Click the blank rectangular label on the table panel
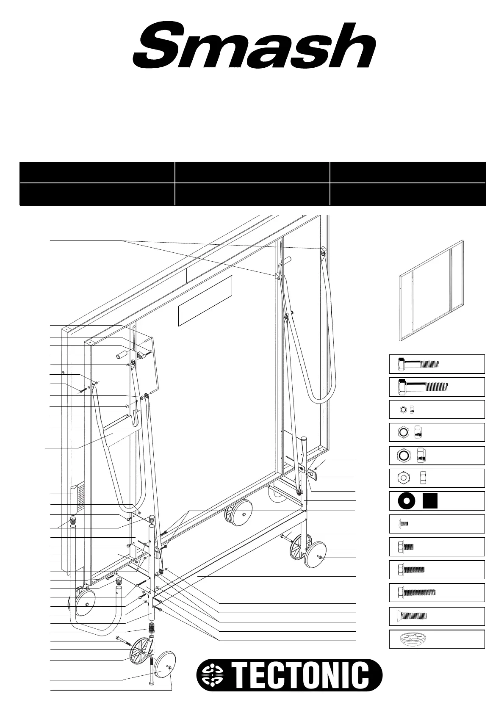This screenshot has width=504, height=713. click(205, 301)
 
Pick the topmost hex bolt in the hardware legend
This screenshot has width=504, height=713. click(418, 364)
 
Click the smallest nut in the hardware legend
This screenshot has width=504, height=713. click(404, 409)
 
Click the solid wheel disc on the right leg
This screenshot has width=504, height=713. click(316, 555)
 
